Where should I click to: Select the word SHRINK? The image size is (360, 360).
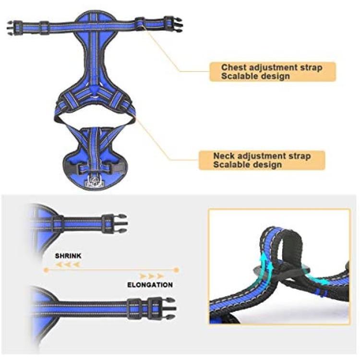point(68,256)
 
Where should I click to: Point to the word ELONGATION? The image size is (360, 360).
point(150,285)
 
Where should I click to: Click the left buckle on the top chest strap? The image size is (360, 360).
point(14,28)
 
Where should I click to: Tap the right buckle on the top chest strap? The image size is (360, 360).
point(173,23)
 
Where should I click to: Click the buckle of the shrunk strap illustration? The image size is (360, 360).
point(114,223)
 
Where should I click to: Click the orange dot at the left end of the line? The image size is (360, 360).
point(46,270)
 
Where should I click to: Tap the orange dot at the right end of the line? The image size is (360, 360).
point(176,270)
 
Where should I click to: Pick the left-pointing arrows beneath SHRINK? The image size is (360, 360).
point(68,264)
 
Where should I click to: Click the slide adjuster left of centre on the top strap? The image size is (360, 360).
point(44,28)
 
